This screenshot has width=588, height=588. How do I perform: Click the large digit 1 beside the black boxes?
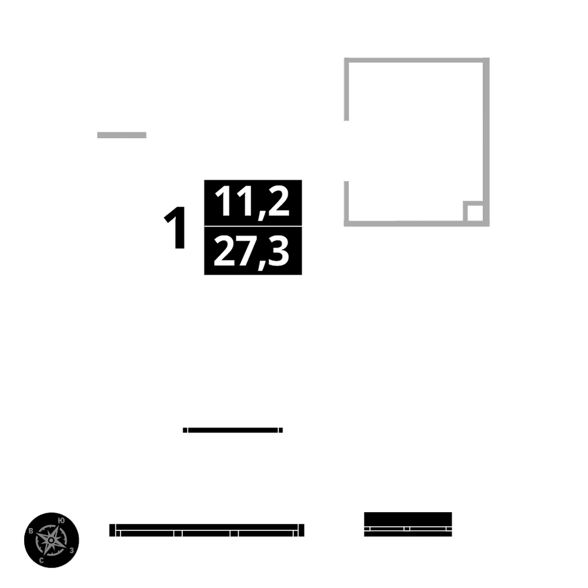(175, 228)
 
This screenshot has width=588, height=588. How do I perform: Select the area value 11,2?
(252, 202)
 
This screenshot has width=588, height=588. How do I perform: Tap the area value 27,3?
(252, 251)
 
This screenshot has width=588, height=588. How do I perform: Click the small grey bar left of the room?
(122, 135)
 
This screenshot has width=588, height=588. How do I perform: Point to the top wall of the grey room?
(416, 60)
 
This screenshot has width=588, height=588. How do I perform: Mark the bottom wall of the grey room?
(406, 223)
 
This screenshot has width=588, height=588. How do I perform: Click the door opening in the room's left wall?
(347, 151)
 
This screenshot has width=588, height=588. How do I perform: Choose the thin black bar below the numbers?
(233, 430)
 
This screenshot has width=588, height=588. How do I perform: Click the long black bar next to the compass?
(207, 530)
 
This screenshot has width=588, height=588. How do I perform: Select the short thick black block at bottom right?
(408, 523)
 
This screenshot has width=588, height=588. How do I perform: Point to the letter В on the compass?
(31, 531)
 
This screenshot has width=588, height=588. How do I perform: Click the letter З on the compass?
(71, 550)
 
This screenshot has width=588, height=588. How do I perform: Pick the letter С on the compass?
(41, 560)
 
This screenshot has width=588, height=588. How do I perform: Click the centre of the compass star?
(52, 540)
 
